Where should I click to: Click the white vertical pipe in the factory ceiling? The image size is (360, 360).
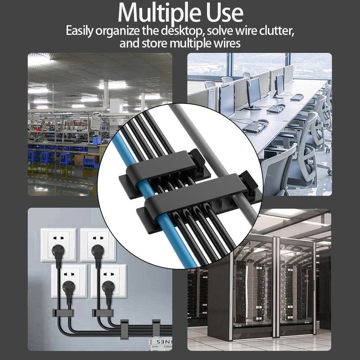[106, 94]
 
